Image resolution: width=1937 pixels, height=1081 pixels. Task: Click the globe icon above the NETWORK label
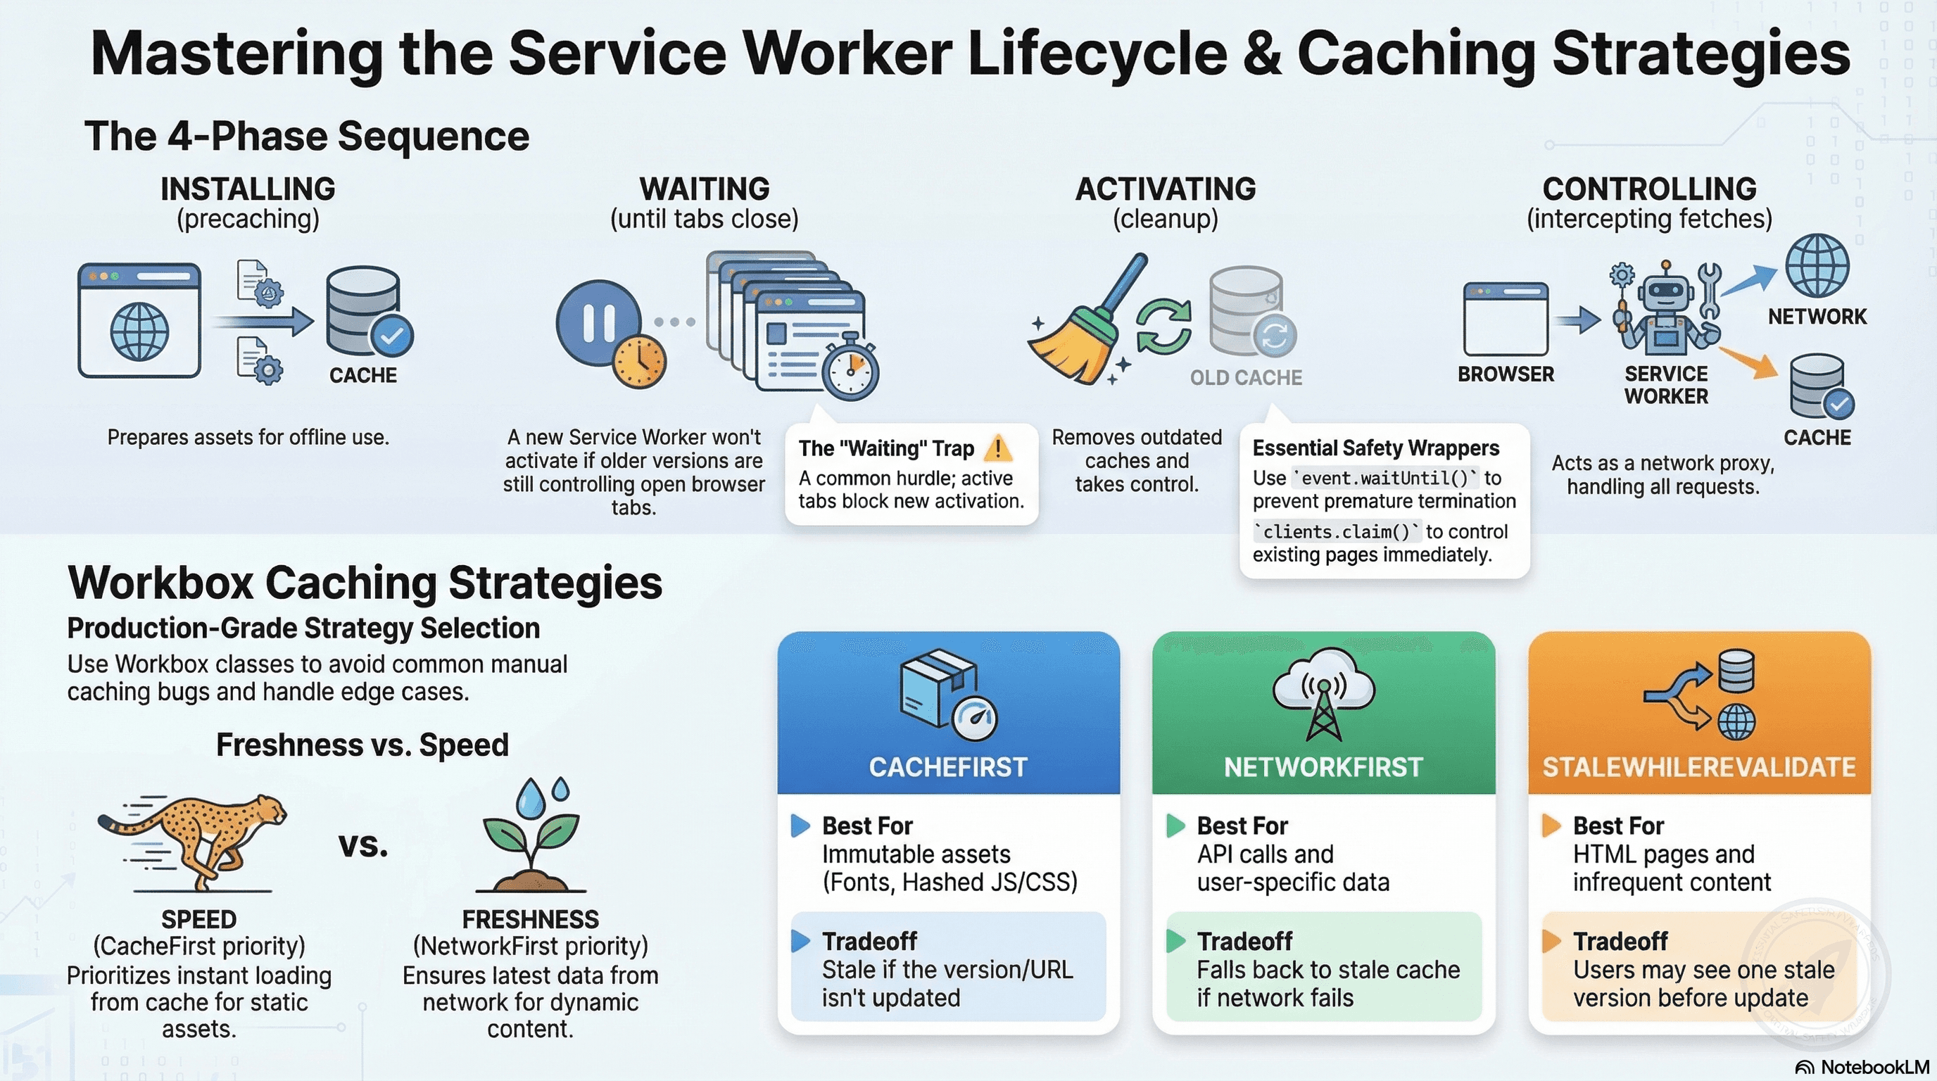click(1817, 266)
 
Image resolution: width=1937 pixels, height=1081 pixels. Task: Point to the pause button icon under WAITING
click(598, 322)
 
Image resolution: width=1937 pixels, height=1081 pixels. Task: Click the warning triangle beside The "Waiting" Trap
click(998, 448)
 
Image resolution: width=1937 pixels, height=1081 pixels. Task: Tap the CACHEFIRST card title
click(948, 767)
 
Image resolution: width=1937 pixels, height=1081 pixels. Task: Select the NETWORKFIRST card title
click(1323, 767)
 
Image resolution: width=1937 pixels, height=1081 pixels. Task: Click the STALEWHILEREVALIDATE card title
click(1698, 767)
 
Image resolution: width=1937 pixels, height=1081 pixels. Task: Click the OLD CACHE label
click(1246, 377)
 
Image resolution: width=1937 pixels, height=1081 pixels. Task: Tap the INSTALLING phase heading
click(248, 189)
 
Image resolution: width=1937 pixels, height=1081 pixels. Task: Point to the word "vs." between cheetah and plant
click(363, 845)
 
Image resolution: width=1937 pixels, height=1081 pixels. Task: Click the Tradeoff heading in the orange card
click(1620, 941)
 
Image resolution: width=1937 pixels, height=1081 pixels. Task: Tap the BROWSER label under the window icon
click(1506, 374)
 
